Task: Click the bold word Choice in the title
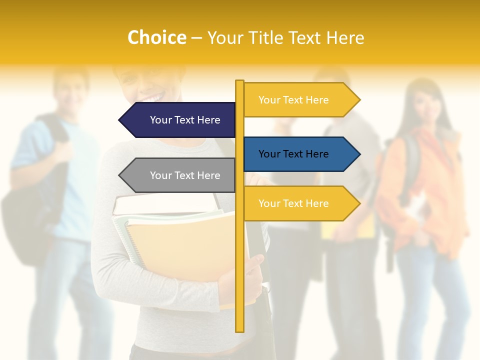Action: coord(156,37)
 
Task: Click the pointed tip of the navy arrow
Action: coord(120,120)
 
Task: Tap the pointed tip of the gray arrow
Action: coord(120,175)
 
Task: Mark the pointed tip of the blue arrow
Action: coord(359,154)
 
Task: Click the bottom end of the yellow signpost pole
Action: coord(239,329)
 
